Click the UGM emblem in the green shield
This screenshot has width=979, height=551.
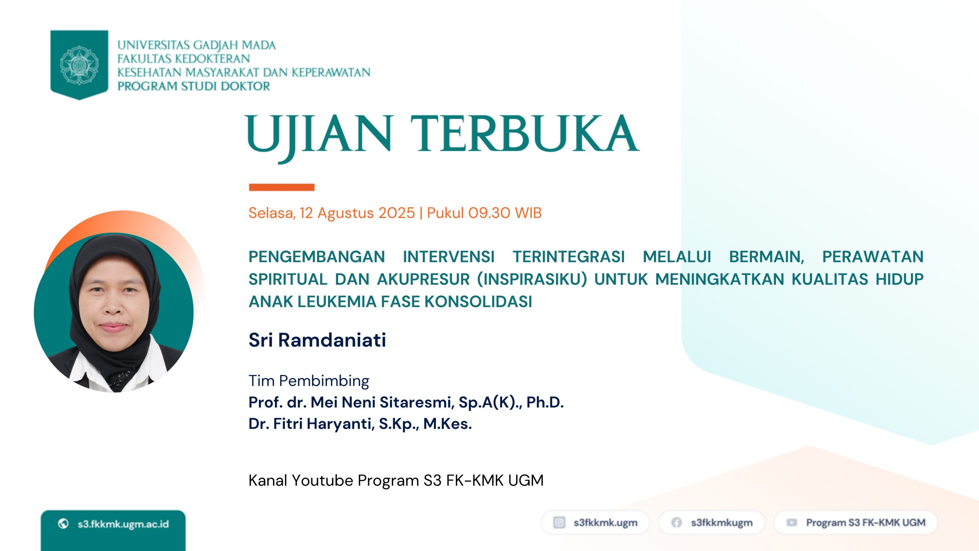pyautogui.click(x=79, y=65)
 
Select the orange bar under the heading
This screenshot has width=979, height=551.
pyautogui.click(x=282, y=187)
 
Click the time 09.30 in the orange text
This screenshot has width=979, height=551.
pyautogui.click(x=489, y=213)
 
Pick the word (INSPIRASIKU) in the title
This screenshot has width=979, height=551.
pyautogui.click(x=532, y=279)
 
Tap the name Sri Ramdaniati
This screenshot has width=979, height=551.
pyautogui.click(x=317, y=340)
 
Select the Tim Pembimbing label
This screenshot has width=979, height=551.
pyautogui.click(x=309, y=381)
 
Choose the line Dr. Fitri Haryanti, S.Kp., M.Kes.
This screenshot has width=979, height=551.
pyautogui.click(x=360, y=424)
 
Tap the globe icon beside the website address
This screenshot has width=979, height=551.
pyautogui.click(x=63, y=523)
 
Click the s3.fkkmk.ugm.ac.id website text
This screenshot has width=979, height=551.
pyautogui.click(x=123, y=524)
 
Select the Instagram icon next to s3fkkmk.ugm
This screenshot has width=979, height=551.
pyautogui.click(x=559, y=522)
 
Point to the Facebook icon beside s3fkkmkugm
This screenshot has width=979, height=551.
pyautogui.click(x=677, y=522)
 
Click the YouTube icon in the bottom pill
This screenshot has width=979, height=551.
pyautogui.click(x=792, y=522)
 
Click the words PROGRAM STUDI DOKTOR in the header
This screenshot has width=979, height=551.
pyautogui.click(x=194, y=86)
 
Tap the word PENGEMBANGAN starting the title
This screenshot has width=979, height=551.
pyautogui.click(x=317, y=257)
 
